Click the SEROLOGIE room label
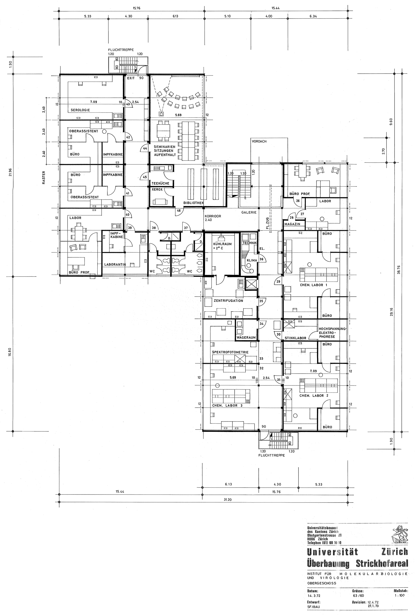point(80,110)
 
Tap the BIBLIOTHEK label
point(194,203)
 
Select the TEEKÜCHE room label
point(160,183)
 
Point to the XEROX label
point(157,190)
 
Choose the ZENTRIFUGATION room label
point(228,301)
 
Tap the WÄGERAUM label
point(246,338)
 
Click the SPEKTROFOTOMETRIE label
point(230,352)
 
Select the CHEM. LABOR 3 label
point(227,405)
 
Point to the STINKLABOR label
point(295,338)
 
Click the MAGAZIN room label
point(292,224)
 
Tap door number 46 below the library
point(179,211)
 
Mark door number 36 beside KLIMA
point(262,259)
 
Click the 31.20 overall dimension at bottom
point(202,504)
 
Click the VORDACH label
point(259,141)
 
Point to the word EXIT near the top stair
point(131,78)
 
